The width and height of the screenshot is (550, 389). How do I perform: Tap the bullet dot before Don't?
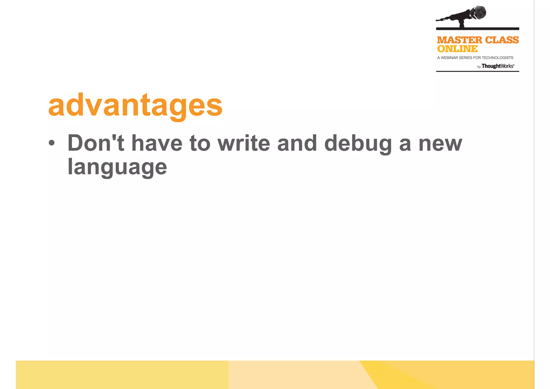click(52, 143)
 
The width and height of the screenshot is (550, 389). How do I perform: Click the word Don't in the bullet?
click(96, 143)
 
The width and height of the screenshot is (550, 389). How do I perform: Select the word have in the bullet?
click(157, 143)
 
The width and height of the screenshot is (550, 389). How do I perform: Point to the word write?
click(244, 143)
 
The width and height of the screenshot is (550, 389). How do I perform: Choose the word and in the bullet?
click(297, 143)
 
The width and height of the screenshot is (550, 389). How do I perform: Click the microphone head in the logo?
click(478, 13)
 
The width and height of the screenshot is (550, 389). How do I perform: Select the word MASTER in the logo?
click(459, 40)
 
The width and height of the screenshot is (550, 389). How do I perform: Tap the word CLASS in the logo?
click(502, 40)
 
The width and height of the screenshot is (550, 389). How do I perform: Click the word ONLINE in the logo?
click(457, 49)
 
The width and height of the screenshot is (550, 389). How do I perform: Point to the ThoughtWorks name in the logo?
click(498, 66)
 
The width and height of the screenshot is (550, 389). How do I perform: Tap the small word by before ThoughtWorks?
click(479, 67)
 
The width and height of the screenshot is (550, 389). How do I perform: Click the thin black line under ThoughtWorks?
click(477, 71)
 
